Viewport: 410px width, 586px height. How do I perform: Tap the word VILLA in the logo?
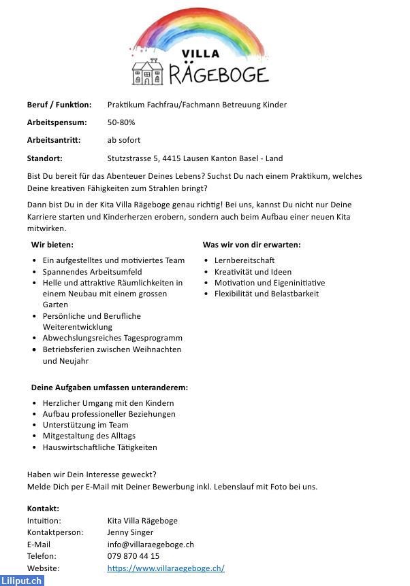tap(200, 54)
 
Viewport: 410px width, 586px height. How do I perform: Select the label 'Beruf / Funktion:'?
tap(59, 105)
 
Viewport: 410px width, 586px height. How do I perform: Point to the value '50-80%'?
tap(121, 122)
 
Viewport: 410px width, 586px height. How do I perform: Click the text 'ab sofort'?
tap(124, 140)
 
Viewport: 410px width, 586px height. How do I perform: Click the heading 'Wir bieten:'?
tap(52, 244)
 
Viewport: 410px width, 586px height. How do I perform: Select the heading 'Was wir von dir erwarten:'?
tap(251, 244)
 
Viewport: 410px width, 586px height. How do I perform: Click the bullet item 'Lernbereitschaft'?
tap(245, 260)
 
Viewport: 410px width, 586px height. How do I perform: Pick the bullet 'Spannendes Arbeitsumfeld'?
tap(92, 271)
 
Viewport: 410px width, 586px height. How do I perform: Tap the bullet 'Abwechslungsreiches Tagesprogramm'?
tap(112, 338)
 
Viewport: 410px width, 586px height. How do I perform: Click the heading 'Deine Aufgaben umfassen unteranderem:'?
tap(110, 387)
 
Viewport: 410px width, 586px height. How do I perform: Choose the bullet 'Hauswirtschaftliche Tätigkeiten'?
tap(99, 447)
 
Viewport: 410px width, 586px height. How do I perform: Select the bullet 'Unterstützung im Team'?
tap(85, 425)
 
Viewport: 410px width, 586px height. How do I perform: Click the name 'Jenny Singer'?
tap(131, 532)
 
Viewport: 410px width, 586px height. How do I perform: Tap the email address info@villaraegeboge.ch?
tap(151, 545)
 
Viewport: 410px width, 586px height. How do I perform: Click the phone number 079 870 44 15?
tap(133, 556)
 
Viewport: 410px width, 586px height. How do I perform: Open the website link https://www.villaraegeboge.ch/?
tap(165, 568)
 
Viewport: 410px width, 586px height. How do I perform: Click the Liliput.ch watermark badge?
tap(22, 580)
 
